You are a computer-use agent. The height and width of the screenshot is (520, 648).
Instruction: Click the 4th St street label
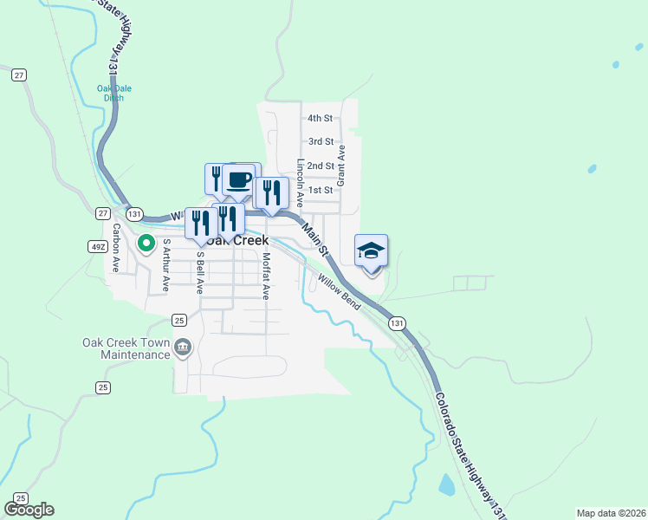[321, 118]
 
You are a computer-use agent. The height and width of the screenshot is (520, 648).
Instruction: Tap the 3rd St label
[321, 141]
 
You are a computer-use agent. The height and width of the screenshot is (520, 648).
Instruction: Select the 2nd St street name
[321, 166]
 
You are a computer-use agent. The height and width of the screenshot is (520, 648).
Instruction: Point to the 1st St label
[321, 190]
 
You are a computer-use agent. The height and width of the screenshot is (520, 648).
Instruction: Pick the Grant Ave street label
[341, 166]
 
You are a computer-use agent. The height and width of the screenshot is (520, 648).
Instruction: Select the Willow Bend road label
[339, 292]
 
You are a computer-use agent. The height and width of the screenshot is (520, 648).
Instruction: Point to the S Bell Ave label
[199, 271]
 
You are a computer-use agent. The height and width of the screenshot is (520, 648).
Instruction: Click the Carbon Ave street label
[115, 247]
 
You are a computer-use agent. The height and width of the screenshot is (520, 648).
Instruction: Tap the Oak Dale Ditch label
[110, 93]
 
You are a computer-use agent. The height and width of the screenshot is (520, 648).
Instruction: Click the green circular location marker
[146, 244]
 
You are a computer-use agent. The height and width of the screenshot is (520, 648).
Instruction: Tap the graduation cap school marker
[371, 251]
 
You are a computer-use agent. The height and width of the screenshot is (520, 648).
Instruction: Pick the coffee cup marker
[239, 180]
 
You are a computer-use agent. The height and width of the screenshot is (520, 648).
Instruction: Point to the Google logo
[29, 510]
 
